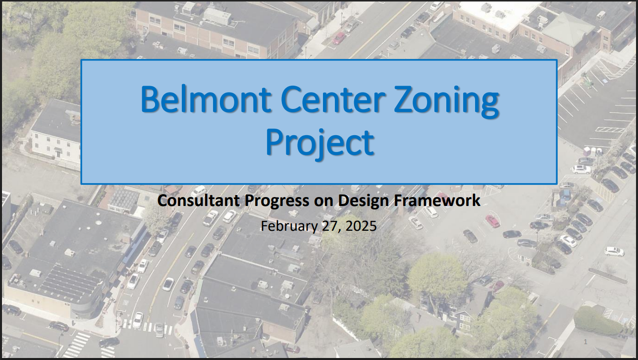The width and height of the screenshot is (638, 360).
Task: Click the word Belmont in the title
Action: coord(206,99)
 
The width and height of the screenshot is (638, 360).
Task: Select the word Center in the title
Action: coord(331,99)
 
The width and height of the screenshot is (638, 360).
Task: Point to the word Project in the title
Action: coord(319,143)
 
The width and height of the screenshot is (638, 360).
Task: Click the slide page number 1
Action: coord(585,342)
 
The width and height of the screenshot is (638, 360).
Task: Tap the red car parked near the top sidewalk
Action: coord(339,38)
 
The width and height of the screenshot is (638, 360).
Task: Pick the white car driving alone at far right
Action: coord(614,252)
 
